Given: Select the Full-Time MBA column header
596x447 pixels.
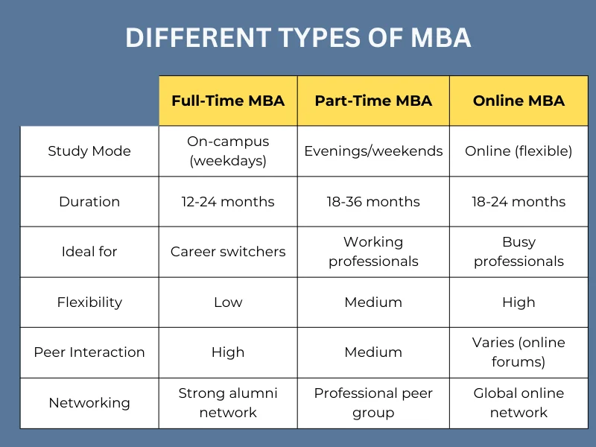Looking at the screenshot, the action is [x=228, y=101].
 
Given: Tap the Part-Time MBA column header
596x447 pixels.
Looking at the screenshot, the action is [x=373, y=101].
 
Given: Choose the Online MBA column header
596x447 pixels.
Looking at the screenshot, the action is [x=519, y=101].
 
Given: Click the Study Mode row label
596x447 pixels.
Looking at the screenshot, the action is [x=89, y=151].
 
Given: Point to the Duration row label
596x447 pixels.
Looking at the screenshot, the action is [x=89, y=201].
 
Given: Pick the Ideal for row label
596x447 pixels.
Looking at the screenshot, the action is [x=89, y=252].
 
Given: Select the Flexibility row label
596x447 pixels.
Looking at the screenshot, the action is [x=89, y=302].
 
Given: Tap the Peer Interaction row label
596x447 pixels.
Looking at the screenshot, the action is [x=89, y=352].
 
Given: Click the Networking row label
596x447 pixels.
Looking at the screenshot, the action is [x=89, y=403].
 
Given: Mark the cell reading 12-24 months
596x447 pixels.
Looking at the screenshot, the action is [x=228, y=201].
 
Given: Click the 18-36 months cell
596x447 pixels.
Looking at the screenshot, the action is [x=373, y=201].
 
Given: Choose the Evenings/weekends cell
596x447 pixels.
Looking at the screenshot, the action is [x=373, y=151].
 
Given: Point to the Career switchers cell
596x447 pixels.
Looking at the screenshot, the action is [x=228, y=252].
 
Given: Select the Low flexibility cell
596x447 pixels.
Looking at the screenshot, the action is [x=228, y=302].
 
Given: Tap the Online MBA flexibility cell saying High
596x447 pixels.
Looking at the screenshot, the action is [x=519, y=302].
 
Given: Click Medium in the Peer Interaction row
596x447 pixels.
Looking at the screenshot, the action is [x=373, y=352].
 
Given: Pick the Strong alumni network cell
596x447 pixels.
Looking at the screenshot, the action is [x=228, y=403].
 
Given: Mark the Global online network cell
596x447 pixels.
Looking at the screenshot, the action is [x=519, y=403].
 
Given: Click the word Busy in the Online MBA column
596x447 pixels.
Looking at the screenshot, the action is [x=519, y=242].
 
